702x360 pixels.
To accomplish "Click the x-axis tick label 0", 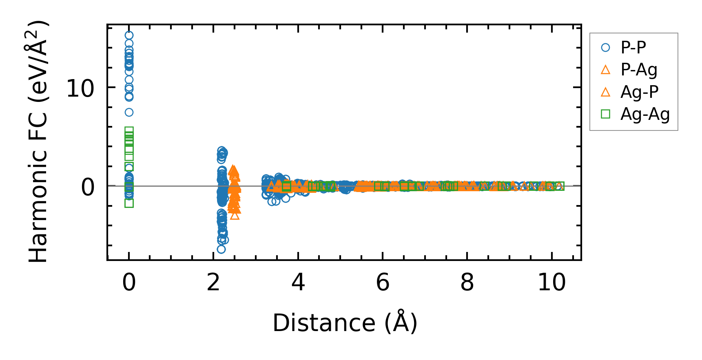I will click(129, 283).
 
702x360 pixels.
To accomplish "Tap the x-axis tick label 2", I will click(213, 283).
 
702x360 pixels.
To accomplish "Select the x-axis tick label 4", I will click(298, 283).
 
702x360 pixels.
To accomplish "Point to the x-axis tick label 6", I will click(383, 283).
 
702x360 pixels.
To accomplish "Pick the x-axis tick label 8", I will click(467, 283).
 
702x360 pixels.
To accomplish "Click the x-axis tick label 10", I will click(551, 283).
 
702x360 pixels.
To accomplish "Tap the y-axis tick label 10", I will click(80, 88).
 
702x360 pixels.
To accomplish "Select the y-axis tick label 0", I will click(88, 187).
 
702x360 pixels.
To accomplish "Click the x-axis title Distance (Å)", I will click(345, 323).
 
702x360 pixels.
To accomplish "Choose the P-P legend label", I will click(633, 48).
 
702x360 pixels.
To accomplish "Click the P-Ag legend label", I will click(639, 70).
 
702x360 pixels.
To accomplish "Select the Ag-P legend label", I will click(639, 92).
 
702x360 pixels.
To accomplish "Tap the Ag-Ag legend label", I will click(645, 114).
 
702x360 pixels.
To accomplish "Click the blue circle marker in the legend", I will click(606, 48).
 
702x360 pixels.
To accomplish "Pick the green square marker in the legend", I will click(606, 114).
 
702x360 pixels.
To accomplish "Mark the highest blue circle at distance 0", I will click(129, 35).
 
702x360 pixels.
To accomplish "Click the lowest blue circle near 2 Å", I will click(221, 249).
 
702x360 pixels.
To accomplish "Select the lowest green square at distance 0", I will click(129, 203).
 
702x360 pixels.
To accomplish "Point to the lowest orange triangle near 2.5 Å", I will click(235, 215).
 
